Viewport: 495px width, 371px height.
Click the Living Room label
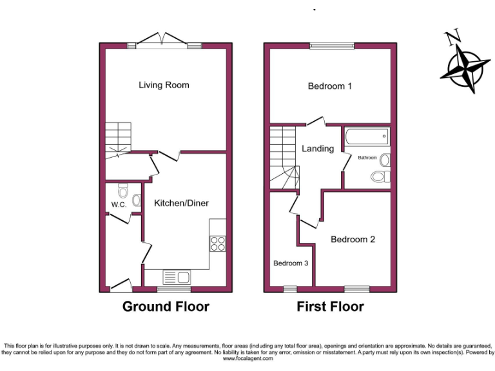click(164, 85)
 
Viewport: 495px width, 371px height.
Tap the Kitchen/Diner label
click(181, 203)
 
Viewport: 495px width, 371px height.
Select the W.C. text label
click(118, 205)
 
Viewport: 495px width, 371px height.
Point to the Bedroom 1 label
click(329, 86)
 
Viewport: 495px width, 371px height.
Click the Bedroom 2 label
click(353, 239)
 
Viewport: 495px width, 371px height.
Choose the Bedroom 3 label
click(291, 263)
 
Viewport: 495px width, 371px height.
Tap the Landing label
click(318, 148)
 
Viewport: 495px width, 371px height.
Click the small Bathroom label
click(367, 158)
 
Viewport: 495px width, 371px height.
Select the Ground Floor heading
click(166, 307)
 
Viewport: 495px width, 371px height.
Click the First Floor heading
click(330, 307)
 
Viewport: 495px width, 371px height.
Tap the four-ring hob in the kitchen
click(218, 243)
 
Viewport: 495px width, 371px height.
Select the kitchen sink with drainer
click(176, 277)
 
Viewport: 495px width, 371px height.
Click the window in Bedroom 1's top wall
click(332, 46)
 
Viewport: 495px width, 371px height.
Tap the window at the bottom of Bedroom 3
click(290, 288)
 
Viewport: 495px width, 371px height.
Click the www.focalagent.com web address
click(247, 359)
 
